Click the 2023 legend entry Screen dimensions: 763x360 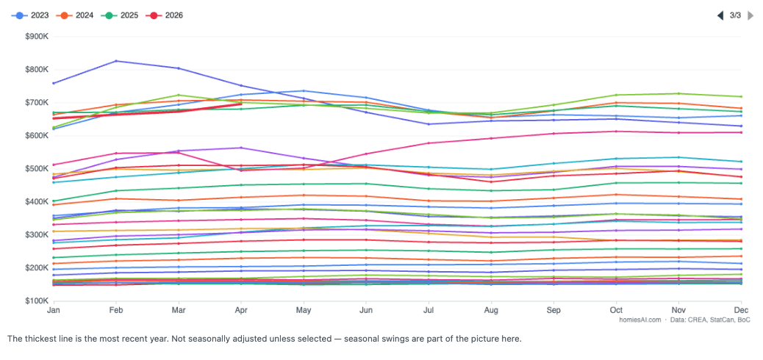(30, 15)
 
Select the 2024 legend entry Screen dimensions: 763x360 (75, 15)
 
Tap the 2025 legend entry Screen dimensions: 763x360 (120, 15)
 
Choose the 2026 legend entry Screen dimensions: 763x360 (165, 15)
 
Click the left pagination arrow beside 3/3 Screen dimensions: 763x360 (720, 15)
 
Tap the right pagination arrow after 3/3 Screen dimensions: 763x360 (751, 15)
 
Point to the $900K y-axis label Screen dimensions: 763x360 (37, 37)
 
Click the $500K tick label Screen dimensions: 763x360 (37, 169)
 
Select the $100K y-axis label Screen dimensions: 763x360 (37, 301)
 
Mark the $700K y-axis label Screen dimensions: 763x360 (37, 103)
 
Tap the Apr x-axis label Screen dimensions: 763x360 (240, 310)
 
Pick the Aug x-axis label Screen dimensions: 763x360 (491, 310)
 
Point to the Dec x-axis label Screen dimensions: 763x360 (742, 310)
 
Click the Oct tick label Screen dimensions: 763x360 (617, 310)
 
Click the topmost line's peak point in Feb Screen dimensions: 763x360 (116, 61)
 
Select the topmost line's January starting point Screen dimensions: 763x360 (53, 83)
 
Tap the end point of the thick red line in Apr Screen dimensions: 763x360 (241, 104)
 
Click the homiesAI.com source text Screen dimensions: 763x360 (640, 320)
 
